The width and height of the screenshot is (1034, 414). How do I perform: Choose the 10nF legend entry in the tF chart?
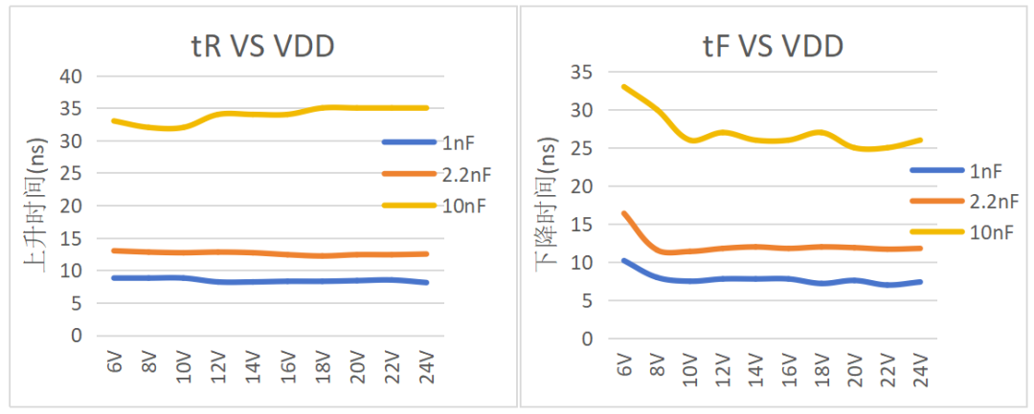pos(988,231)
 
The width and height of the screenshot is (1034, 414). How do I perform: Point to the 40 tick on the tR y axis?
pos(72,76)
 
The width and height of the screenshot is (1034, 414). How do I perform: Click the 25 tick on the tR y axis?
pos(72,173)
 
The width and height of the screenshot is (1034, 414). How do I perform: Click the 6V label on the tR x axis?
pos(114,362)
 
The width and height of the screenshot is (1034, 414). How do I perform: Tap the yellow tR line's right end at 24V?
pos(427,108)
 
